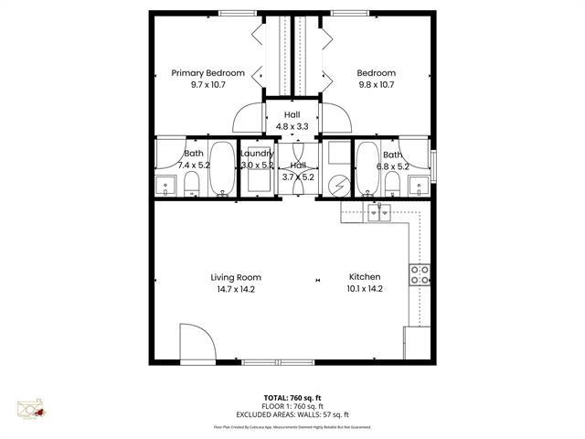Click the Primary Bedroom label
tap(208, 73)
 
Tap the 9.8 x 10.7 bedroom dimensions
tap(376, 84)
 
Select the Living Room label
tap(236, 277)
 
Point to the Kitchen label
tap(365, 277)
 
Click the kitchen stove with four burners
tap(421, 277)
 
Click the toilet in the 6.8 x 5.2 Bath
tap(391, 183)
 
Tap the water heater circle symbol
tap(338, 185)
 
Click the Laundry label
tap(257, 154)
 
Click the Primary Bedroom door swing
tap(248, 119)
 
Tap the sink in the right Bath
tap(420, 185)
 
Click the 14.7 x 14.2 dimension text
tap(236, 289)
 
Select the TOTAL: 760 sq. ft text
tap(292, 398)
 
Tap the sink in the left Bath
tap(165, 186)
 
